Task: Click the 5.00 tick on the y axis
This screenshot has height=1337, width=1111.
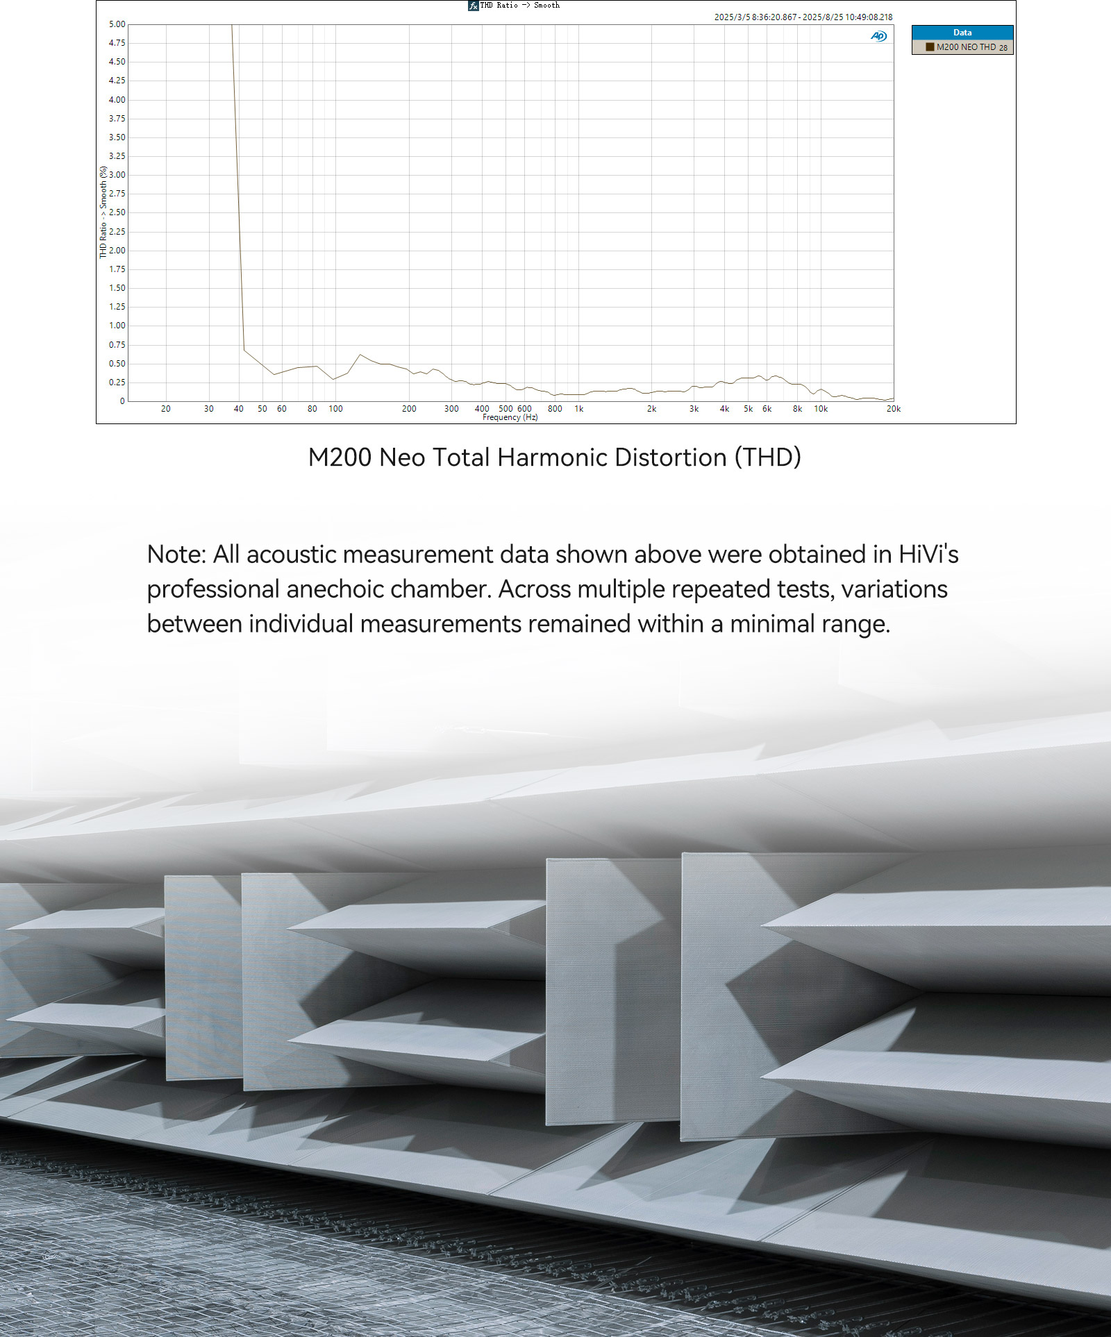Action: [x=117, y=24]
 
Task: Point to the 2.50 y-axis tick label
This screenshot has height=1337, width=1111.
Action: [x=117, y=212]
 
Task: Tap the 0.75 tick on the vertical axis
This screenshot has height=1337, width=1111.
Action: [x=117, y=345]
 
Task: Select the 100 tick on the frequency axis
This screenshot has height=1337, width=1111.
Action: [x=335, y=409]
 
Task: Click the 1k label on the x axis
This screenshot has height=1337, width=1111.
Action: [x=578, y=409]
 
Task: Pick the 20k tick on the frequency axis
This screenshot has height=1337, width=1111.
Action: [x=893, y=409]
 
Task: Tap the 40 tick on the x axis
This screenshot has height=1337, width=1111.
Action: [x=238, y=409]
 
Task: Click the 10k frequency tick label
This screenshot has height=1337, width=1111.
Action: [x=820, y=409]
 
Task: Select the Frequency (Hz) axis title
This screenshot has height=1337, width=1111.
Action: [x=510, y=417]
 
